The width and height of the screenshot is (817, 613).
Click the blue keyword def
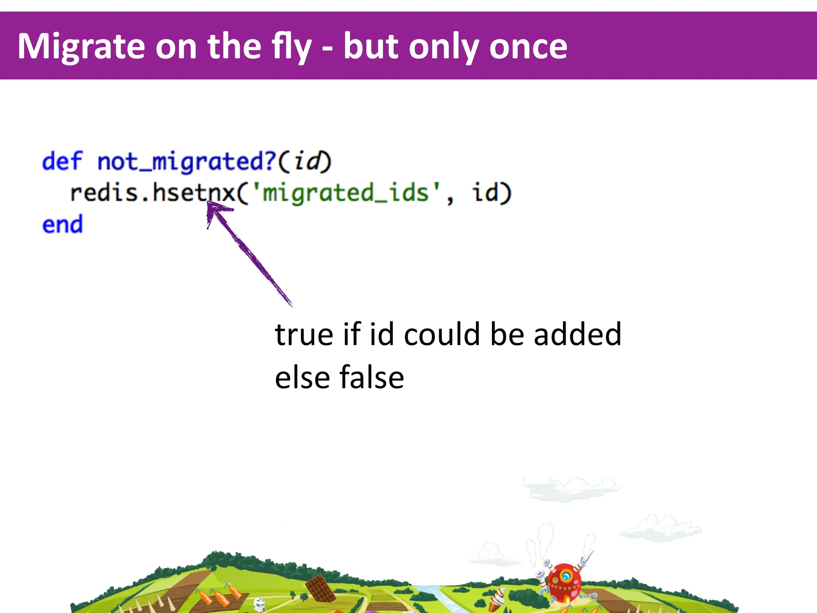[62, 161]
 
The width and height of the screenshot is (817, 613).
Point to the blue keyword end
[62, 224]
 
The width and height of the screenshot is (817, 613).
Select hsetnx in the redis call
[194, 193]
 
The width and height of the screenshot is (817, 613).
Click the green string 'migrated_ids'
[345, 193]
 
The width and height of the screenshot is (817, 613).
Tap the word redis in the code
[104, 193]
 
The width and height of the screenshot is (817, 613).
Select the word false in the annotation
[371, 378]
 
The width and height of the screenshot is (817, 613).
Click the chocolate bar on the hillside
[320, 588]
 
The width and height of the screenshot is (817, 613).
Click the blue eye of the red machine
[566, 576]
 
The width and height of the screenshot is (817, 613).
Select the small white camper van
[259, 604]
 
